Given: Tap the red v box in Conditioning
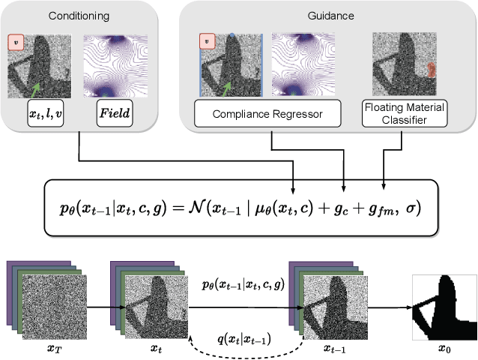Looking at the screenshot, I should (x=16, y=43).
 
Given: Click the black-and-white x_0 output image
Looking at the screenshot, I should (x=444, y=307).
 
